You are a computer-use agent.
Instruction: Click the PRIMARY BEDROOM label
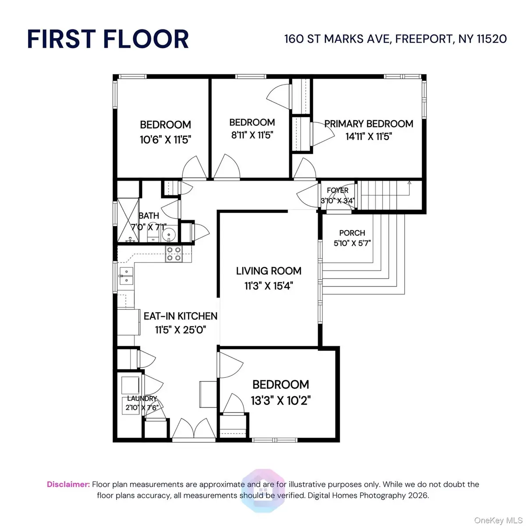369,124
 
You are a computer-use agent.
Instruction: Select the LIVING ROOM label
269,271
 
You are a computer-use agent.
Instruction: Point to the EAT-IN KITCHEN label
181,316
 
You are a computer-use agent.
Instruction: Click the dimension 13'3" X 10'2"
281,401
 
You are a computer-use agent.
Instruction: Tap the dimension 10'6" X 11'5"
165,140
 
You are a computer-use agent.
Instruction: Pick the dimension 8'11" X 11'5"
252,135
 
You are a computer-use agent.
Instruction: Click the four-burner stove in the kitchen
174,254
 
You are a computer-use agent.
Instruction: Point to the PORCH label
352,233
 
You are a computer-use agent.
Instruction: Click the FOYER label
338,190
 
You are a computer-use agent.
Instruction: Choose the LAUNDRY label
142,398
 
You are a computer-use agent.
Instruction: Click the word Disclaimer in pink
68,484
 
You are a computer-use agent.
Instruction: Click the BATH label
149,216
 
